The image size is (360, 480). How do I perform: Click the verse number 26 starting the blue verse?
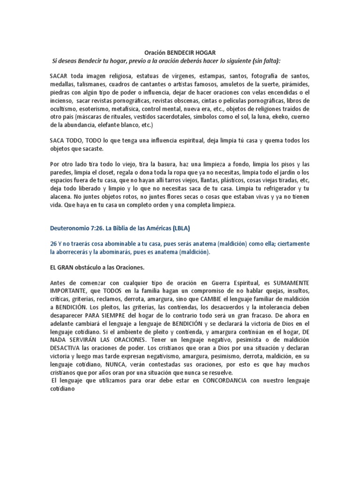tap(53, 245)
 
